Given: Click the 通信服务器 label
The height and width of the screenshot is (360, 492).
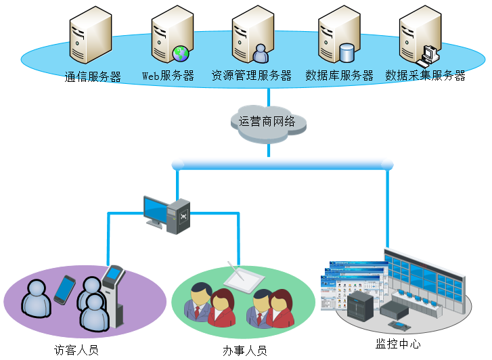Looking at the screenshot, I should coord(93,77).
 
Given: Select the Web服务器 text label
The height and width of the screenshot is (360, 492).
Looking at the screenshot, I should coord(168,76).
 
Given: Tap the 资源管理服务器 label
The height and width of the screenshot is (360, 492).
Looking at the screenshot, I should coord(252,76).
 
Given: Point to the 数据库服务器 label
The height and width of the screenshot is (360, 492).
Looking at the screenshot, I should coord(340,76).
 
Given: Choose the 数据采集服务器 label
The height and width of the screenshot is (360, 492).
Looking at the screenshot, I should coord(426,76).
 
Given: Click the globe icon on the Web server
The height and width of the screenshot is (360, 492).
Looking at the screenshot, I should coord(180,53).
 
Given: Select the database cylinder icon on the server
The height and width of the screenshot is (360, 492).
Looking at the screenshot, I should coord(347,52).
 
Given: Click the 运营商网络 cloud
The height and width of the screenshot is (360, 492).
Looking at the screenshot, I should coord(268,122).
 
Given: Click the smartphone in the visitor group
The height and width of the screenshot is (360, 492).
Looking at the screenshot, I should coord(64,289).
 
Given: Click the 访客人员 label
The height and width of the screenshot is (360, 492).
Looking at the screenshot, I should coord(76,351).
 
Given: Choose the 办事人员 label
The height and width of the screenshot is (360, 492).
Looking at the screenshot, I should coord(245,351).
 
